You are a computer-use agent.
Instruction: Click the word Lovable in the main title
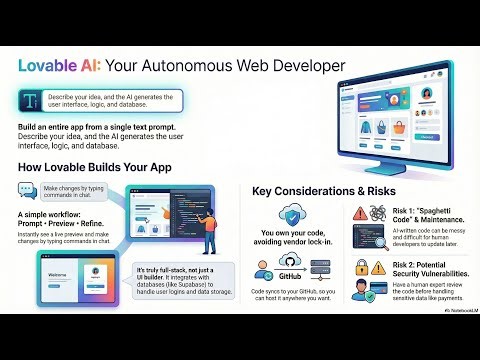48,65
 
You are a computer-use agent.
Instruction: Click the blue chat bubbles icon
27,190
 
